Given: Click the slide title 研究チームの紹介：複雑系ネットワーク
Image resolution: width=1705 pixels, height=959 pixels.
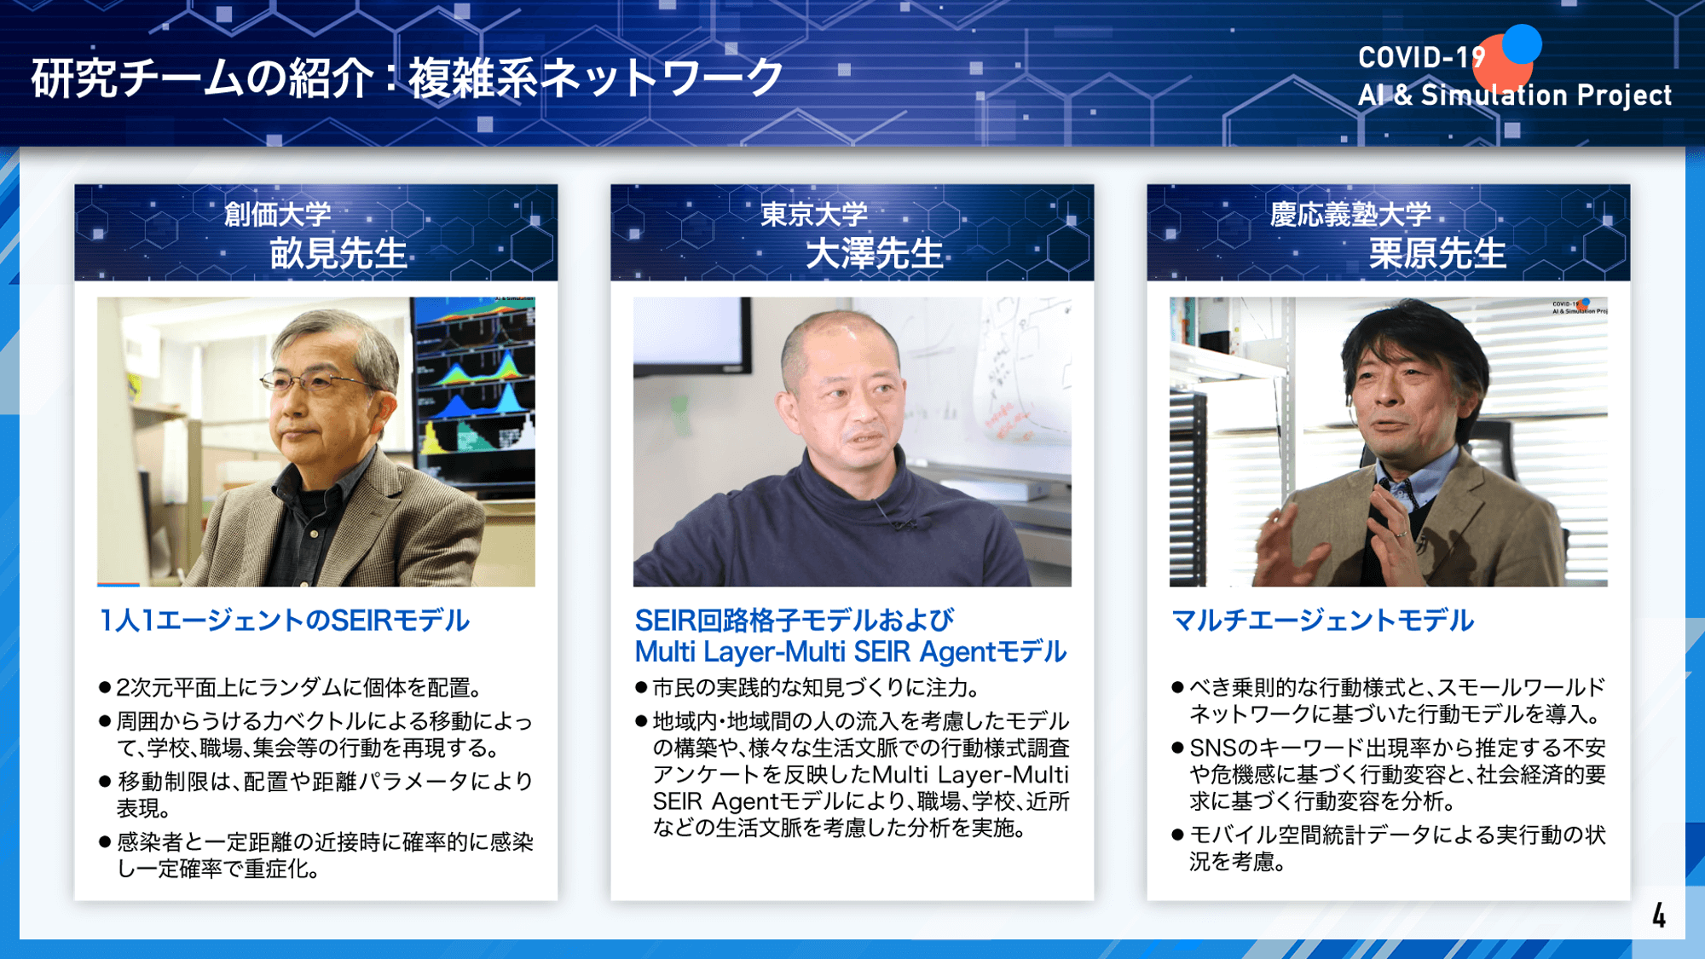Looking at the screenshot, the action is tap(407, 78).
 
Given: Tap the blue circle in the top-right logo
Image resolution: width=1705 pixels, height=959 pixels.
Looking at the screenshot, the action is tap(1522, 43).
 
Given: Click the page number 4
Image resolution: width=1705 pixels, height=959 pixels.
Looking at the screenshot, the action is tap(1659, 916).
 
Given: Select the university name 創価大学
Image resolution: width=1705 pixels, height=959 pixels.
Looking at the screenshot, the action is tap(277, 214).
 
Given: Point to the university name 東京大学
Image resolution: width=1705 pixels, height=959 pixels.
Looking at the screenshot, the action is tap(814, 214).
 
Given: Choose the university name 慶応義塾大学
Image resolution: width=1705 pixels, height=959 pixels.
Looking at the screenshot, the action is tap(1350, 214).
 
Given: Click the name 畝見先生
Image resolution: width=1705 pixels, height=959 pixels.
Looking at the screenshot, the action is tap(338, 253).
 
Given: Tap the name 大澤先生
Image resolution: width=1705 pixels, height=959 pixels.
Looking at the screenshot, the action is tap(875, 253).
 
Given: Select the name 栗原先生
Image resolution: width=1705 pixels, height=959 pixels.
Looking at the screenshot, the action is tap(1437, 253).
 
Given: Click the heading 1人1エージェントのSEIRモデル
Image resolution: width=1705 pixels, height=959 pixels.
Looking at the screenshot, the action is tap(284, 620).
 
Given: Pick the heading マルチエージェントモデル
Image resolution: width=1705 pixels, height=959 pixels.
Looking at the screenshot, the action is tap(1322, 620).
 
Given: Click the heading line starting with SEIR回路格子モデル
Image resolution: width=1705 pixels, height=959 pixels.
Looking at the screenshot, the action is tap(795, 620).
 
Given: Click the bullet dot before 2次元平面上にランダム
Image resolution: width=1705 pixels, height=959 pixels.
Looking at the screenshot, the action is tap(105, 687).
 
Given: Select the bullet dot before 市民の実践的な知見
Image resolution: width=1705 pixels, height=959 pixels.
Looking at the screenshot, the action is tap(641, 687).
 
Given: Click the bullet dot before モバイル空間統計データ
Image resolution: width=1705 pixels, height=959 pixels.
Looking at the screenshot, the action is tap(1177, 835).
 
